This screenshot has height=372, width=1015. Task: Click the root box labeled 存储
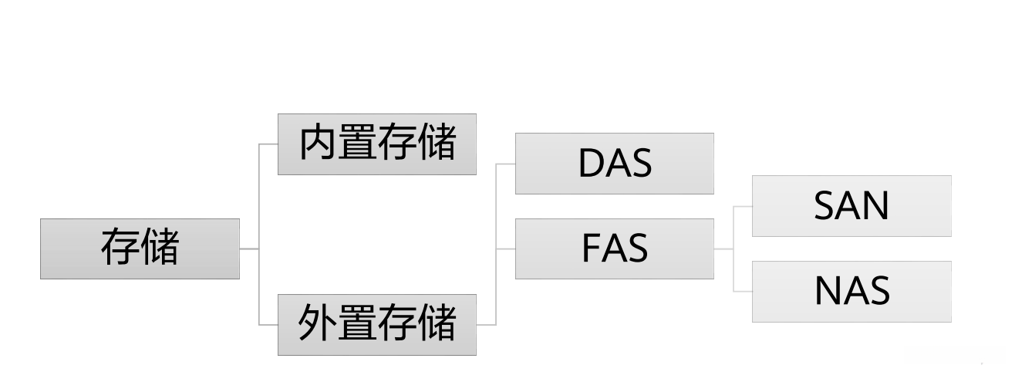(140, 249)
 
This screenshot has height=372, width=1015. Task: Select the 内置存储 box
(377, 144)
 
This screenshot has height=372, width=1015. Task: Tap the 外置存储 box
(377, 324)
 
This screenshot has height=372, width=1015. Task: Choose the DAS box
(614, 164)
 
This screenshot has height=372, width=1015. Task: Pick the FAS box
(614, 249)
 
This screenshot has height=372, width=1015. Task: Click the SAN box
(851, 206)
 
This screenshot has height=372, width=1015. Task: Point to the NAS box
(851, 292)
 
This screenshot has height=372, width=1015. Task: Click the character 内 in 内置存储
(318, 144)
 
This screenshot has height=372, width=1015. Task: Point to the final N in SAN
(876, 207)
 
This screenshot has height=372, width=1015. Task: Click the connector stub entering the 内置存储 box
(268, 144)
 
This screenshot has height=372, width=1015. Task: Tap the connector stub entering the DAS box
(506, 164)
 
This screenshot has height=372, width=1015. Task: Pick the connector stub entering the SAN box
(743, 206)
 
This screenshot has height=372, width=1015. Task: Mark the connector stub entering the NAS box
(743, 292)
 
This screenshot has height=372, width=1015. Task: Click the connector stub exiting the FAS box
(723, 249)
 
